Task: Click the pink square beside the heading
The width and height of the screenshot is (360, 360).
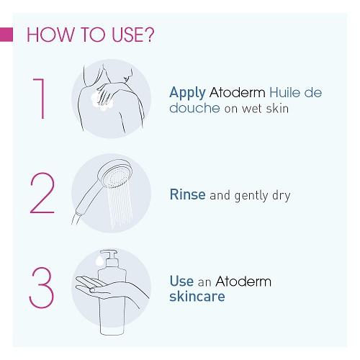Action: point(6,35)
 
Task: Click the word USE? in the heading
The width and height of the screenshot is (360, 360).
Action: point(133,35)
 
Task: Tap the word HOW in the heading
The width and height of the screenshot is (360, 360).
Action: point(50,35)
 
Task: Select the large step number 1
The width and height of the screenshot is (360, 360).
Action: point(40,99)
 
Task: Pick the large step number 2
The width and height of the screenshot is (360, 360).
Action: point(42,193)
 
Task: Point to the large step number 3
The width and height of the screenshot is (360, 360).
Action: point(41,287)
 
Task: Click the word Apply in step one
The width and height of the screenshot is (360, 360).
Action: point(187,93)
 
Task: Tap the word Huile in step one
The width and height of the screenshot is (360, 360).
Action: point(284,92)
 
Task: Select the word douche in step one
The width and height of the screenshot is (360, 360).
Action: point(194,108)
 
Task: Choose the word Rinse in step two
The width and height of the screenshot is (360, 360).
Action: point(187,194)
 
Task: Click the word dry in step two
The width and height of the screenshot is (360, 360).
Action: point(282,196)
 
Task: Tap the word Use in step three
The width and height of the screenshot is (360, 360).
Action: point(181,281)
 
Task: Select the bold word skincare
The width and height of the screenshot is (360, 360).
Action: point(197,297)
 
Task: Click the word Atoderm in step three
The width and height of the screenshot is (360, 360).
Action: point(243,282)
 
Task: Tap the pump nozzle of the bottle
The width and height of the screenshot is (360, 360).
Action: point(109,254)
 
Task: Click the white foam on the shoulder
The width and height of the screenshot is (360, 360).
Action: point(101,100)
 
